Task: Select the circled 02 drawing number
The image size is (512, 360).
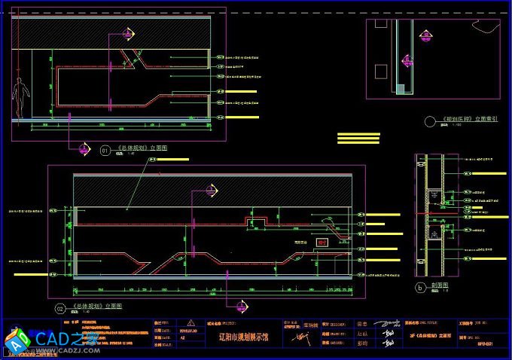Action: tap(60, 307)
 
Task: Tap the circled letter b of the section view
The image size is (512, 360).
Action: tap(420, 287)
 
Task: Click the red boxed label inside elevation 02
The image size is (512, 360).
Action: tap(322, 243)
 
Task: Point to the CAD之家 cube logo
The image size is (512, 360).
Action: tap(16, 340)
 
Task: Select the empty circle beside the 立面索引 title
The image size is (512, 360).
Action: tap(431, 120)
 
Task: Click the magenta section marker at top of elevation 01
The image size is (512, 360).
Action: tap(127, 33)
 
